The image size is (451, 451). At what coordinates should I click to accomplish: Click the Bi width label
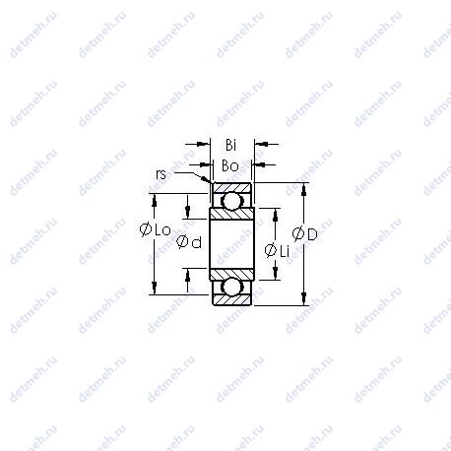(231, 145)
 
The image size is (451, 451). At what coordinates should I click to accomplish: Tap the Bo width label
(230, 166)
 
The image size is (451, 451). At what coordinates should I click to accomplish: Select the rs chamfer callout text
(161, 174)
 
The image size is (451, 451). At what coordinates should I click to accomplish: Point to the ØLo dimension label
(156, 229)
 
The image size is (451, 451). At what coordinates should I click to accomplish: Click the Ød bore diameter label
(189, 242)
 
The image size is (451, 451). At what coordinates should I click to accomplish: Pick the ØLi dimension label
(277, 251)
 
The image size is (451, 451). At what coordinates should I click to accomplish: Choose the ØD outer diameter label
(304, 234)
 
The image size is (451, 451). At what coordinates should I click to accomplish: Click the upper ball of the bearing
(231, 200)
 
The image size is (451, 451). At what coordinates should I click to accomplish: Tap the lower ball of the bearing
(231, 287)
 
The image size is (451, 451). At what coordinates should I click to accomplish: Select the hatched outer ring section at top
(232, 188)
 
